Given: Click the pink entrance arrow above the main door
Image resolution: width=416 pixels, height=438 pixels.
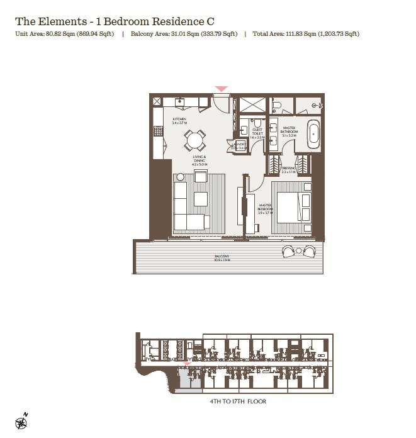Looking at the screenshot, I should click(221, 90).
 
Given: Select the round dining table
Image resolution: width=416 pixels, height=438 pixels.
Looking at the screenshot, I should click(195, 139).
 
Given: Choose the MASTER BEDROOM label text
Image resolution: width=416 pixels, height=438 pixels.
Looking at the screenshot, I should click(265, 208).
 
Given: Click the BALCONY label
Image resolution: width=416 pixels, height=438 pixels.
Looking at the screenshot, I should click(222, 257).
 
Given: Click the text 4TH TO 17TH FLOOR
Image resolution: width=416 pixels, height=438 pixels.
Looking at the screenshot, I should click(238, 401).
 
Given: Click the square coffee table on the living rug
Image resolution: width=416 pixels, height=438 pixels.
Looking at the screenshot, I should click(201, 199).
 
